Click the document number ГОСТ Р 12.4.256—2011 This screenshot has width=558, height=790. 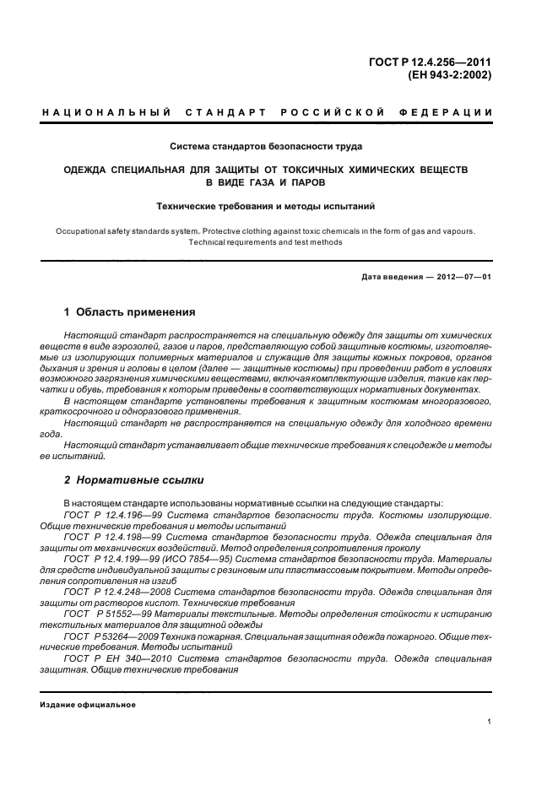point(431,60)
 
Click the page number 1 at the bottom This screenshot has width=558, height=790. point(490,722)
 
